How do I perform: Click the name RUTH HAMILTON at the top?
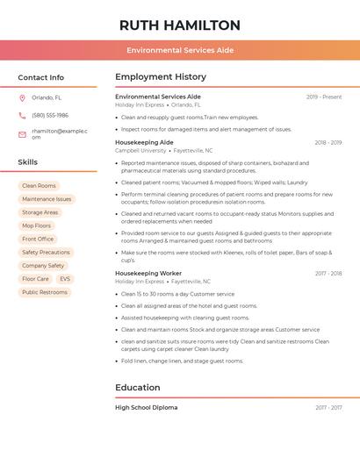click(179, 25)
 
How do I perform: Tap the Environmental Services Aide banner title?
click(179, 50)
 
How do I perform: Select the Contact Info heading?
click(40, 77)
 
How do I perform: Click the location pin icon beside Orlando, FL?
click(22, 97)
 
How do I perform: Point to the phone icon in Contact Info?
click(22, 115)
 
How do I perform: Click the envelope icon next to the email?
click(22, 133)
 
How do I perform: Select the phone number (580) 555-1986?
click(50, 115)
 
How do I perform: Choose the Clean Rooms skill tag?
click(39, 186)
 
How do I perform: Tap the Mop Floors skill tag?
click(37, 225)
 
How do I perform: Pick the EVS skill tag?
click(65, 279)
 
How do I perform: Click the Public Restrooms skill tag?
click(45, 292)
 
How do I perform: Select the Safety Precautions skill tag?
click(46, 252)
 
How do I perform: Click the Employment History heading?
click(161, 77)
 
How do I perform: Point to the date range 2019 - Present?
click(324, 97)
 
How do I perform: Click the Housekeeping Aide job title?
click(144, 142)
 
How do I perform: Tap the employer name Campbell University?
click(140, 150)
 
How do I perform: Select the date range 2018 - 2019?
click(328, 142)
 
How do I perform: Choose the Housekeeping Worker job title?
click(148, 273)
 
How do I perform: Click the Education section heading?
click(138, 387)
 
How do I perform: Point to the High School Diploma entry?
click(146, 407)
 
